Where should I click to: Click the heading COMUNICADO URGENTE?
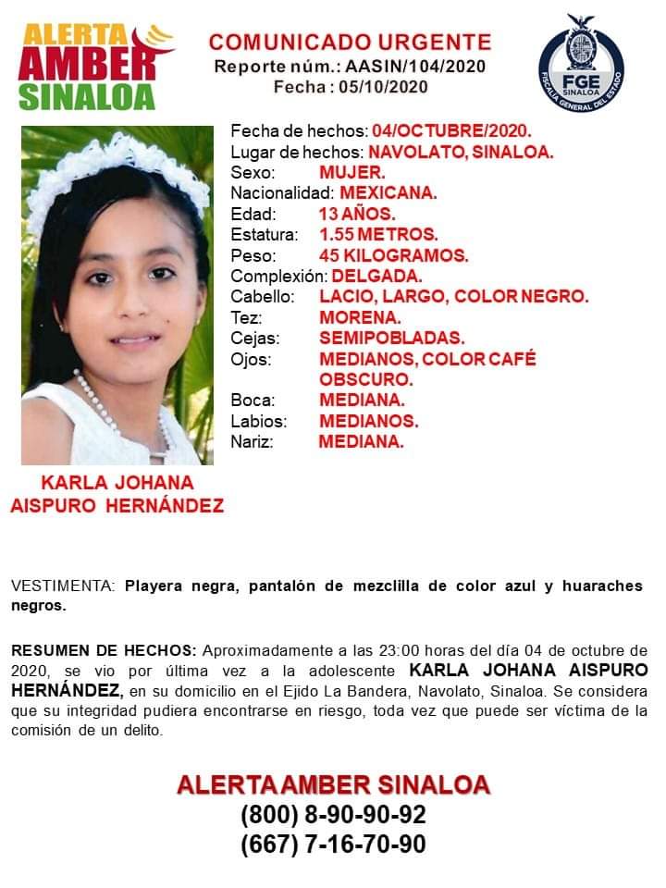pos(350,42)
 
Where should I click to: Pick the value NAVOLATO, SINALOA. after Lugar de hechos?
pos(461,152)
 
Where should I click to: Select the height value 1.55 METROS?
pos(378,234)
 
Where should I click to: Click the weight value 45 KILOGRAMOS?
pos(394,255)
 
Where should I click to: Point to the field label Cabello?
pos(263,297)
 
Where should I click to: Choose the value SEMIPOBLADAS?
pos(391,339)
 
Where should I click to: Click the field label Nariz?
pos(252,442)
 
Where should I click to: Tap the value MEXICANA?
pos(388,193)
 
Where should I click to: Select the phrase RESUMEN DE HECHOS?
pos(104,649)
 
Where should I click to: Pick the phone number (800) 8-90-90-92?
pos(333,816)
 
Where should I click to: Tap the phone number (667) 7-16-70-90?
pos(333,845)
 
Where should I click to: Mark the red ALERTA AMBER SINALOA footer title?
pos(333,785)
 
